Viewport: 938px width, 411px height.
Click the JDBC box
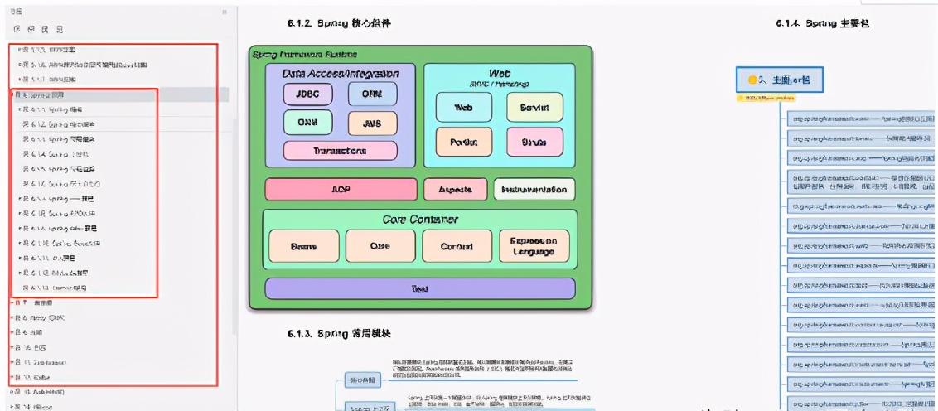(x=307, y=94)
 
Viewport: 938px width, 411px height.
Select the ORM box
(x=372, y=94)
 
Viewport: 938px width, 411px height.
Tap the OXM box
(x=307, y=123)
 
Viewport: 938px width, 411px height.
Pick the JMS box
(x=372, y=123)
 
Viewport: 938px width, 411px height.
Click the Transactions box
(x=340, y=151)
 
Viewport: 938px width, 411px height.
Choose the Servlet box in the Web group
(x=534, y=107)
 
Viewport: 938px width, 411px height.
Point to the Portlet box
(x=464, y=142)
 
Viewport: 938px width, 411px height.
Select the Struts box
(x=534, y=142)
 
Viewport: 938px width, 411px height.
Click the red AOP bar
(x=341, y=189)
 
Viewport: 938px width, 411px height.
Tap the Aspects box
(x=455, y=189)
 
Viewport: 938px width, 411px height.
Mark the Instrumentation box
(x=534, y=189)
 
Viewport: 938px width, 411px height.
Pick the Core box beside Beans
(x=380, y=246)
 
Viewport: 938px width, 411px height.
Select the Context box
(x=457, y=246)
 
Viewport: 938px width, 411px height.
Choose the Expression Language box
(x=534, y=246)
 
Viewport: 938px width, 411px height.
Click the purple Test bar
(x=419, y=288)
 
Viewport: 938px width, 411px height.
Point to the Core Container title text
(x=420, y=220)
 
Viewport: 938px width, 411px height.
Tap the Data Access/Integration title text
(x=341, y=74)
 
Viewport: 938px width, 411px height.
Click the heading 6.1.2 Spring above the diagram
(x=340, y=23)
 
